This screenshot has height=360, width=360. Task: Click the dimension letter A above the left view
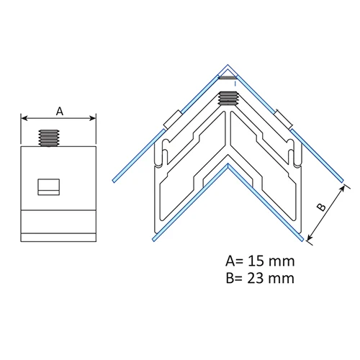click(x=60, y=112)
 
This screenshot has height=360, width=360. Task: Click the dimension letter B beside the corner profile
click(x=321, y=207)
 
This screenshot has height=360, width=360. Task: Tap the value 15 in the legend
click(x=256, y=261)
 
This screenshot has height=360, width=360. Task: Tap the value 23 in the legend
click(x=256, y=279)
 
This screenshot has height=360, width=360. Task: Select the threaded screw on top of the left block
click(x=49, y=138)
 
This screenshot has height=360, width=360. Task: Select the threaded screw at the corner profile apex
click(x=228, y=99)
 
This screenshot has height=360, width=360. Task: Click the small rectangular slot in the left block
click(x=49, y=187)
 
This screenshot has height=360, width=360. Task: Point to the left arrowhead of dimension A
click(x=24, y=118)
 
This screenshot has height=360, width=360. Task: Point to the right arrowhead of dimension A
click(x=93, y=118)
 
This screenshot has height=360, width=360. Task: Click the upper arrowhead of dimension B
click(x=342, y=188)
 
